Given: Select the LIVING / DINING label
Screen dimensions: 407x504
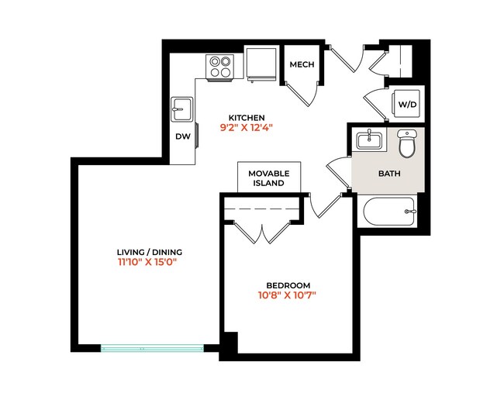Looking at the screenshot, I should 149,252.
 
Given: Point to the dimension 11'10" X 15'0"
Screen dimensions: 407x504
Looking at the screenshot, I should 149,263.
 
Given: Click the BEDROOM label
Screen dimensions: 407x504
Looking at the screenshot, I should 288,285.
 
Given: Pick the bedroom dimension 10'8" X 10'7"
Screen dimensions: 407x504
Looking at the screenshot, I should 288,295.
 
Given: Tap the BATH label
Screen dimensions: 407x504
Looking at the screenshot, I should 388,174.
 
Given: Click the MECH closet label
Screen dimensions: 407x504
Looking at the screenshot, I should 302,64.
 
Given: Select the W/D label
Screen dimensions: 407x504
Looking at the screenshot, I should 406,104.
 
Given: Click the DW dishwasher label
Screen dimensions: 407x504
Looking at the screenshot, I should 182,136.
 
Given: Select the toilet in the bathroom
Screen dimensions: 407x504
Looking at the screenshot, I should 407,143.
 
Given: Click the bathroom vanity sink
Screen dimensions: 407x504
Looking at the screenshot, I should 368,140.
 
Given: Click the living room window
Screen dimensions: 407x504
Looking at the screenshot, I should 152,348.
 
